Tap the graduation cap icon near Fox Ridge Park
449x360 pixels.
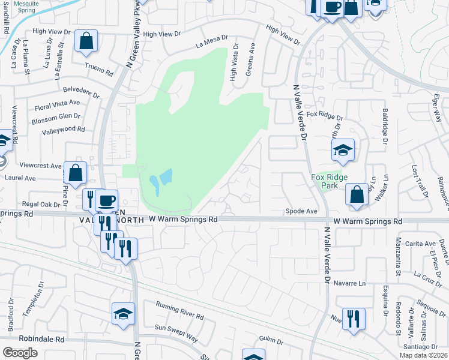(x=342, y=150)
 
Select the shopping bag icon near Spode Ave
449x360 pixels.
(x=357, y=194)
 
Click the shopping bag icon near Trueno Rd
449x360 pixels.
(x=86, y=41)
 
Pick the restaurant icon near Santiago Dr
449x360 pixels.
(x=353, y=319)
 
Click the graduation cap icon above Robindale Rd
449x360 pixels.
(x=123, y=314)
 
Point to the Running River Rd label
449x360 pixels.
(x=179, y=313)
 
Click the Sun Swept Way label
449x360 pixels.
(x=176, y=333)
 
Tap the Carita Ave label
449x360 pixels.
(x=420, y=244)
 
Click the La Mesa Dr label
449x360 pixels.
(x=212, y=41)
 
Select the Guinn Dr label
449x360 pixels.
(x=271, y=340)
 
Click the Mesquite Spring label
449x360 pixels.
(x=26, y=7)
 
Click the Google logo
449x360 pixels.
(x=20, y=353)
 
